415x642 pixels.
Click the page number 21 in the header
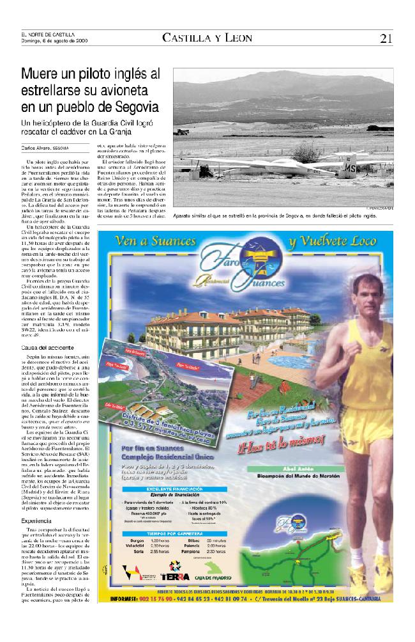385,38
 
